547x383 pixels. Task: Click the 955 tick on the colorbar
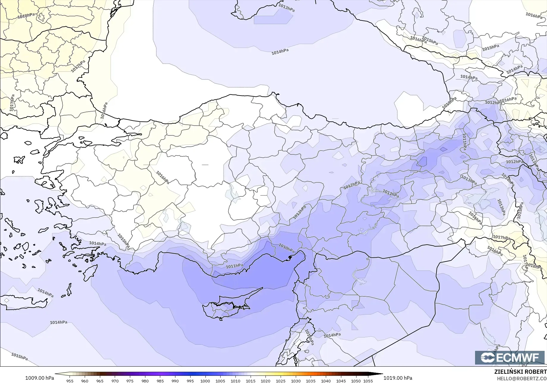point(70,381)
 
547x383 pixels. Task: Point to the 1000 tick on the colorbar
point(205,381)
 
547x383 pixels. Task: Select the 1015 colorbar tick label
point(250,381)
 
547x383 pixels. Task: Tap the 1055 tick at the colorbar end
point(368,381)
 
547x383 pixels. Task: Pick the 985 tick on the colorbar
point(160,381)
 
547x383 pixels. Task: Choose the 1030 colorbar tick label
point(295,381)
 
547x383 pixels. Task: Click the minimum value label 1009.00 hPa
point(40,378)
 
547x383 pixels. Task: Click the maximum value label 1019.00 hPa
point(397,378)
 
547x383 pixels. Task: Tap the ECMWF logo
point(510,357)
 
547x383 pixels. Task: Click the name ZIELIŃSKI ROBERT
point(520,372)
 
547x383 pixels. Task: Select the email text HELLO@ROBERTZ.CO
point(522,378)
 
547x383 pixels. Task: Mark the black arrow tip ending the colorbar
point(381,374)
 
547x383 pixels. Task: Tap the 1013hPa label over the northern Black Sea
point(286,7)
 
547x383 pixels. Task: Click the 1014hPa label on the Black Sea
point(280,52)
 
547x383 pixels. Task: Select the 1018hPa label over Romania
point(26,15)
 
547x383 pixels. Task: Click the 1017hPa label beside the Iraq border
point(501,237)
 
